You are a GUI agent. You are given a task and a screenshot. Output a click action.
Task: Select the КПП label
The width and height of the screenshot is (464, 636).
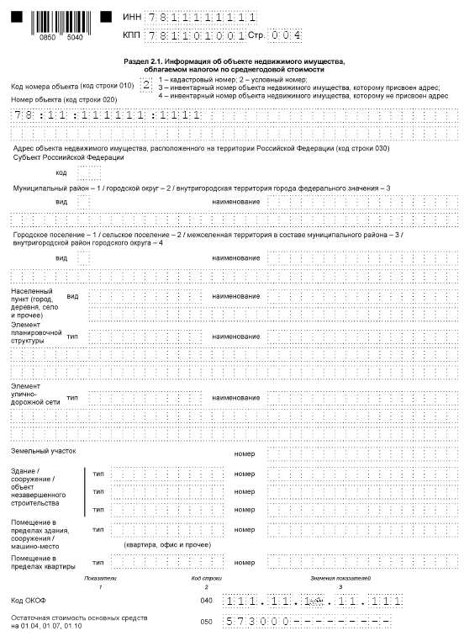[131, 36]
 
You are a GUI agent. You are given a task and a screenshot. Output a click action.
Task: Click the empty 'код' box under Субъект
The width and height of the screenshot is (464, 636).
[89, 172]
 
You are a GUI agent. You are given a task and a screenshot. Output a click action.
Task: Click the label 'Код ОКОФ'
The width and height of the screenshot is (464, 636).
[29, 601]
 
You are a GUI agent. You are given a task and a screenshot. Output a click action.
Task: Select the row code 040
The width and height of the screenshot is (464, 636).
[207, 601]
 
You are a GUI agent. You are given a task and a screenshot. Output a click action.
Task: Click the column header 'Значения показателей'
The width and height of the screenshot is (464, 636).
[340, 579]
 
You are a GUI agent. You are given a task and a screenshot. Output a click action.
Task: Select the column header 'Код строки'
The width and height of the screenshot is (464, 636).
[207, 579]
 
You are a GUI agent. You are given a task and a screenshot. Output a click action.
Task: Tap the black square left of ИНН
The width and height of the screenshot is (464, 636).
[106, 16]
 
